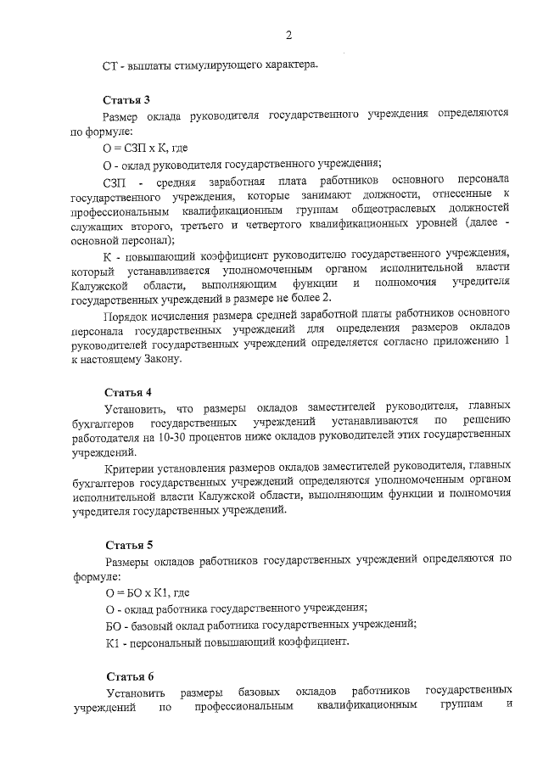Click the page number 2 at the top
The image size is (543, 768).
pos(288,35)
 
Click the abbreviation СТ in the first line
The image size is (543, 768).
pos(109,64)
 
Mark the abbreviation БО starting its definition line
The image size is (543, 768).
pos(113,625)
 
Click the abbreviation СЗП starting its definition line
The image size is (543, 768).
pos(115,182)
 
